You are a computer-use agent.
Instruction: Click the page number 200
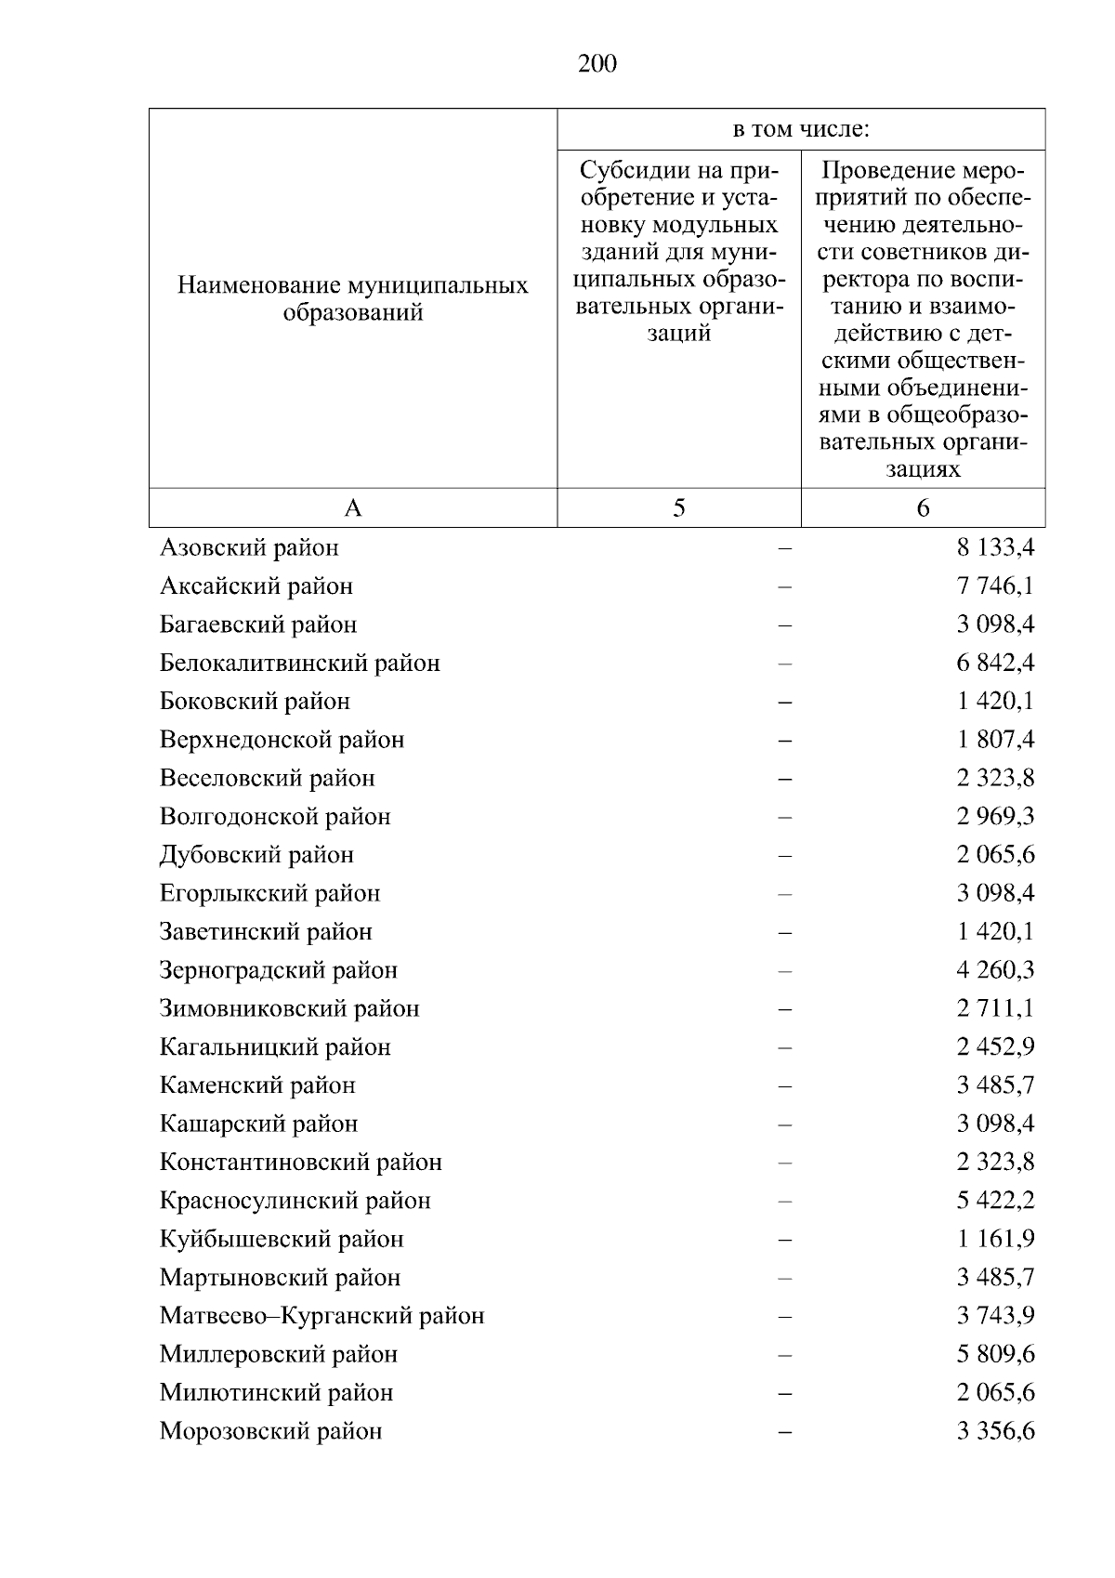597,63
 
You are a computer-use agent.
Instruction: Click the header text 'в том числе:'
800,129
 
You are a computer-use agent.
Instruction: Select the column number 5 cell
678,507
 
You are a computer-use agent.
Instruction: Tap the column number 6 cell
923,507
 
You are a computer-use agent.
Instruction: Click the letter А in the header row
353,507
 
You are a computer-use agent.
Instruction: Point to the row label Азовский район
249,547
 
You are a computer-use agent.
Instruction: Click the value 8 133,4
995,547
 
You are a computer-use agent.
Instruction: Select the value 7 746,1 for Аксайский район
995,585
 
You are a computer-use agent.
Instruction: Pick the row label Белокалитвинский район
299,663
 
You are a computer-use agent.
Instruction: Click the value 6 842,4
995,663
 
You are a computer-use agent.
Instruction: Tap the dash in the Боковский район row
785,702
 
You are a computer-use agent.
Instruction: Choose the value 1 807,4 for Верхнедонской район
995,740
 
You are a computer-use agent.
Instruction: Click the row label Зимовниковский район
289,1008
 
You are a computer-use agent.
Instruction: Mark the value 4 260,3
995,970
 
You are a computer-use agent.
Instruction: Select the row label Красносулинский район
295,1201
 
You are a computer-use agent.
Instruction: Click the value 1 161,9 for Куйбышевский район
995,1239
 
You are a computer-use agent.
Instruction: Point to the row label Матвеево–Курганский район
321,1316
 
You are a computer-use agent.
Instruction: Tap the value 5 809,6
995,1354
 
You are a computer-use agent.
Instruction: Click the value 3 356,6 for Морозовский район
995,1431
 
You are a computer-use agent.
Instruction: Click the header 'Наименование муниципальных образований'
353,298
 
